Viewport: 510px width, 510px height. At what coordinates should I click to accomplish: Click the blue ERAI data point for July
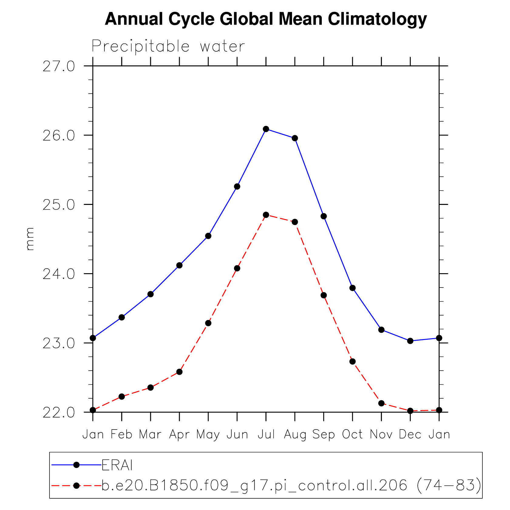pyautogui.click(x=266, y=129)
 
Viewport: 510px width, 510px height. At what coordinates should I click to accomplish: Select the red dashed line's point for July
pyautogui.click(x=266, y=215)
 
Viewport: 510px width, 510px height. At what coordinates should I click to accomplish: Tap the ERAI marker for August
pyautogui.click(x=295, y=138)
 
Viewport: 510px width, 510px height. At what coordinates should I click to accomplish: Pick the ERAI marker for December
pyautogui.click(x=410, y=341)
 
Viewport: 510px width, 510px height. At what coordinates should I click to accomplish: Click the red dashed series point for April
pyautogui.click(x=179, y=372)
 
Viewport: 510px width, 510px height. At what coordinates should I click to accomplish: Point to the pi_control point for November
pyautogui.click(x=381, y=403)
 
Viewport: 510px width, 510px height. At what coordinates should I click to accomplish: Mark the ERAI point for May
pyautogui.click(x=208, y=236)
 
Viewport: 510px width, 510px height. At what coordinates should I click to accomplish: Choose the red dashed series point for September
pyautogui.click(x=324, y=295)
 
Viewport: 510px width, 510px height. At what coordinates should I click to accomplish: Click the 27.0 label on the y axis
pyautogui.click(x=59, y=66)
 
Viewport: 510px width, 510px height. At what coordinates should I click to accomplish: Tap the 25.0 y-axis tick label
pyautogui.click(x=59, y=205)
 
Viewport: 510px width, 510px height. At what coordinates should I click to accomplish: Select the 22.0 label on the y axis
pyautogui.click(x=59, y=413)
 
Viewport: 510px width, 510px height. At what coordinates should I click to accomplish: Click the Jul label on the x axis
pyautogui.click(x=266, y=434)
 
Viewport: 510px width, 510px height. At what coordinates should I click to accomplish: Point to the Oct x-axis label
pyautogui.click(x=352, y=434)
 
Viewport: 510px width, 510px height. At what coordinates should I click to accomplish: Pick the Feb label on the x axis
pyautogui.click(x=121, y=434)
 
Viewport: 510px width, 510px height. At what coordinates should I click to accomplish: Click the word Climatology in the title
pyautogui.click(x=377, y=19)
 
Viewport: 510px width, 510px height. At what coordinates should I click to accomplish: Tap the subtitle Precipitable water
pyautogui.click(x=168, y=46)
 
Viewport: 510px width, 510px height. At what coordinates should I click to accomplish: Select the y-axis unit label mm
pyautogui.click(x=30, y=239)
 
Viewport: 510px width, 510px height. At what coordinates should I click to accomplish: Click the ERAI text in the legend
pyautogui.click(x=117, y=465)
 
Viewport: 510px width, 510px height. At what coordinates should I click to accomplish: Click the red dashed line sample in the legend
pyautogui.click(x=64, y=486)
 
